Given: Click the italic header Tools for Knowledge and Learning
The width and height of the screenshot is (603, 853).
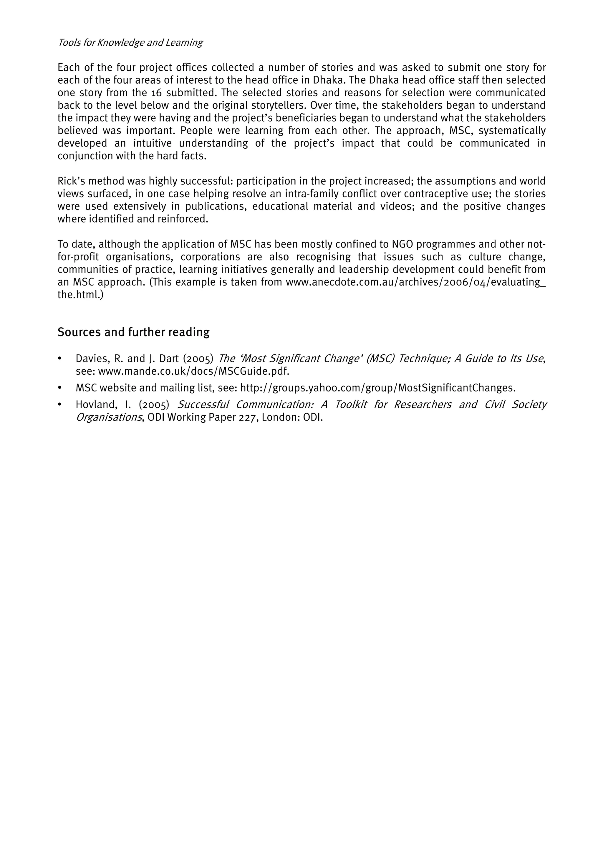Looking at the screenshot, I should [130, 43].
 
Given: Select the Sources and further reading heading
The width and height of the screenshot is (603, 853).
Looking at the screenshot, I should [133, 332].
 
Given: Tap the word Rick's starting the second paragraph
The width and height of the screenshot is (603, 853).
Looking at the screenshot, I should [71, 181].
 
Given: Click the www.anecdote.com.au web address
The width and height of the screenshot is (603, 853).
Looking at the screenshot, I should [415, 282].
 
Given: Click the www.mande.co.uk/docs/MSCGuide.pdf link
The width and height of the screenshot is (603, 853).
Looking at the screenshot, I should [193, 371].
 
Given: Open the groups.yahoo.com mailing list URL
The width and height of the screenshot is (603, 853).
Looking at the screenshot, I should [378, 388].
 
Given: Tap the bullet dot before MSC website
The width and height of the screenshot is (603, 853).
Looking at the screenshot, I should [59, 388].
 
